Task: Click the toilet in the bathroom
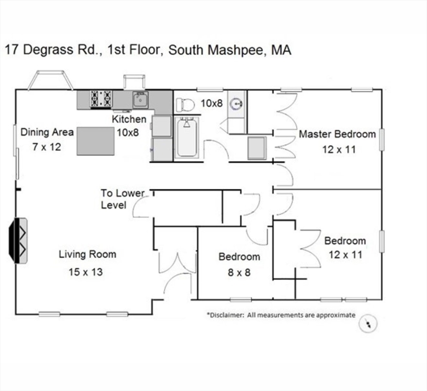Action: tap(185, 105)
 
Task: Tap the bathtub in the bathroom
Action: tap(187, 137)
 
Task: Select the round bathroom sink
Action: tap(237, 104)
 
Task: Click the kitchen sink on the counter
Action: tap(140, 100)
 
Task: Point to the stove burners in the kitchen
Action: tap(101, 99)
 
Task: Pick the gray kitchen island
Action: tap(95, 141)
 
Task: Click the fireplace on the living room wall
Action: tap(18, 240)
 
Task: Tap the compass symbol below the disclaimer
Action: tap(368, 324)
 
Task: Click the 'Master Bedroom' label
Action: tap(337, 134)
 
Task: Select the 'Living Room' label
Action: tap(88, 254)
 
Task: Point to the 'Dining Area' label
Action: tap(47, 132)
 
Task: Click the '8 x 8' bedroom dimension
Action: tap(239, 272)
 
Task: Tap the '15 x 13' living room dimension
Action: tap(86, 272)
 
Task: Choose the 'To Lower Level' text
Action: tap(122, 199)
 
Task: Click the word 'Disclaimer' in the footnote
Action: tap(225, 315)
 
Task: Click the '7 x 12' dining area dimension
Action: tap(46, 147)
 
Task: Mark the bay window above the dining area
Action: tap(50, 80)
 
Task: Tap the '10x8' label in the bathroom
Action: tap(212, 103)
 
